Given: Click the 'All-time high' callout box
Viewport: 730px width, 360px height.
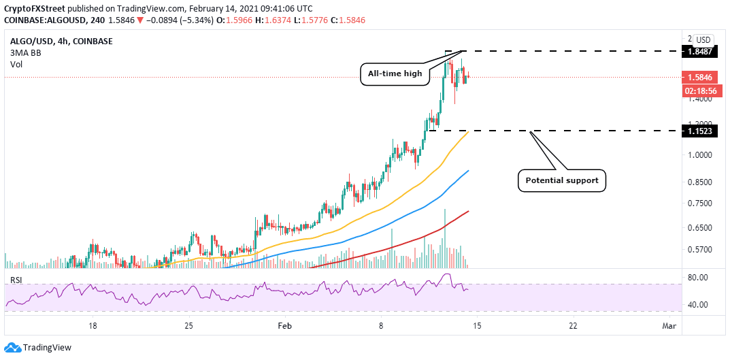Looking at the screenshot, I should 395,73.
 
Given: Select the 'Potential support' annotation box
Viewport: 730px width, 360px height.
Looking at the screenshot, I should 562,181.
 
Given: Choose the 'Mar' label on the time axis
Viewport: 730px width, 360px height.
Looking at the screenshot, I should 669,325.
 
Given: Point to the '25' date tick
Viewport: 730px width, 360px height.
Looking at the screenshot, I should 189,325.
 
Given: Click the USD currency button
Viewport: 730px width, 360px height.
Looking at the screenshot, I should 703,39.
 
